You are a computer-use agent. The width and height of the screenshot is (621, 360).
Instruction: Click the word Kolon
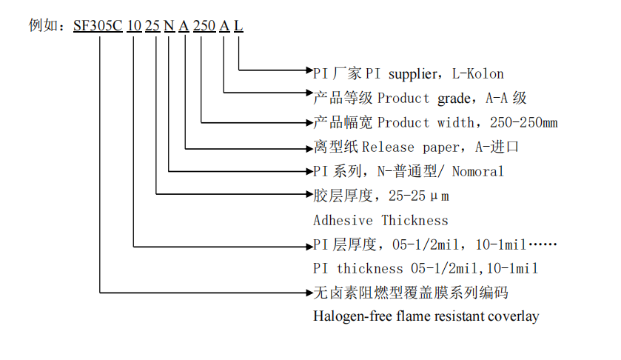[485, 73]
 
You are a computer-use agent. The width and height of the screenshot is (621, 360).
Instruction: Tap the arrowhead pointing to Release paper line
[308, 147]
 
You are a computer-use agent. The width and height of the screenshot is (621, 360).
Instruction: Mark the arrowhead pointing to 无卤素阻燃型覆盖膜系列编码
[308, 293]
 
